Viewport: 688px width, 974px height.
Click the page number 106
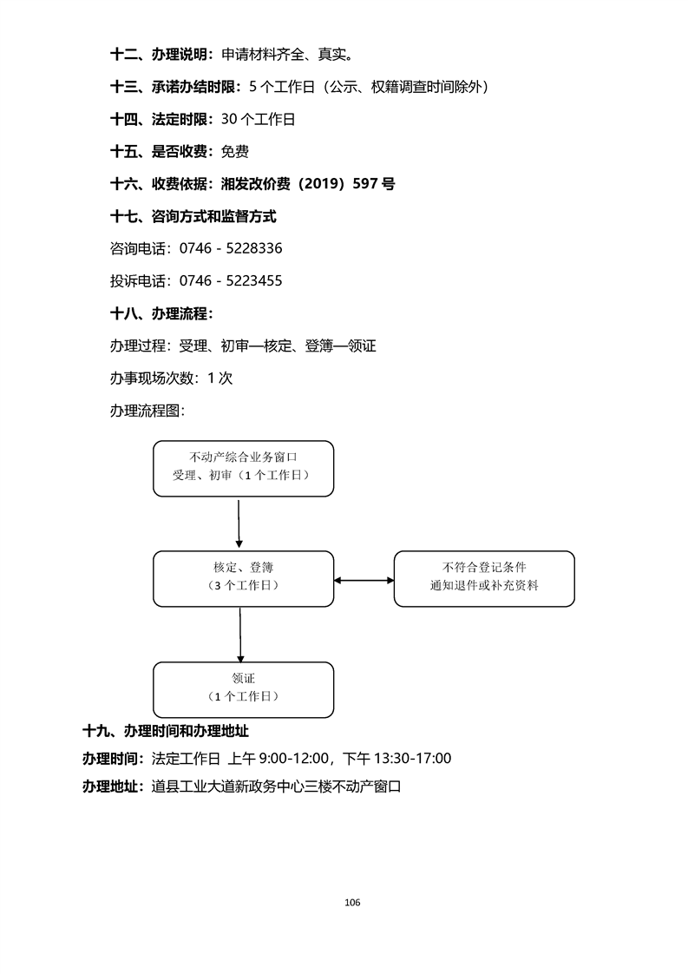coord(351,902)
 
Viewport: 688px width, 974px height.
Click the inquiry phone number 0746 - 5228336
coord(230,248)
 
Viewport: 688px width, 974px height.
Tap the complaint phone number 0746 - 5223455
coord(230,281)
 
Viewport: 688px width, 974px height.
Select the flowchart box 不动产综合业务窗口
coord(243,468)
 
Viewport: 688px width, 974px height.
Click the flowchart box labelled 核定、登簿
coord(243,578)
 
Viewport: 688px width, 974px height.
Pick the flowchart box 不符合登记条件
coord(484,578)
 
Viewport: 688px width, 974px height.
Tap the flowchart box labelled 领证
coord(243,689)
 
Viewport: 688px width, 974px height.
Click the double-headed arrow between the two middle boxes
coord(364,579)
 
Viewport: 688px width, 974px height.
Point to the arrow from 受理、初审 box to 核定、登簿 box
coord(238,523)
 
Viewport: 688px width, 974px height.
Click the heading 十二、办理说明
coord(161,55)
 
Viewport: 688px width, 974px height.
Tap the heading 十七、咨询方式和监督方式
coord(193,216)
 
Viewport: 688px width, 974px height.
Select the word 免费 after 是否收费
coord(234,152)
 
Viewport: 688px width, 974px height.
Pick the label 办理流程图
coord(147,411)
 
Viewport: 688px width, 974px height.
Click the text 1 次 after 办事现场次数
coord(220,378)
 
